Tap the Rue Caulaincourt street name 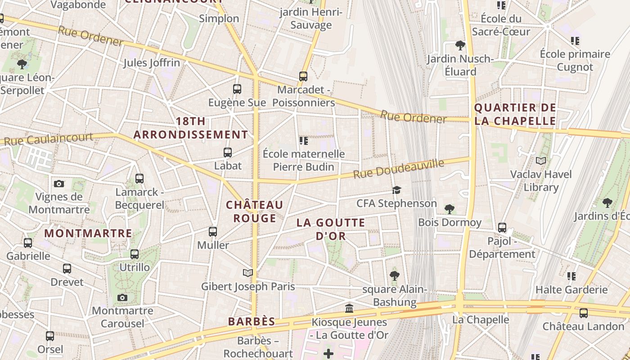48,139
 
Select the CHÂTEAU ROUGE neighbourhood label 255,211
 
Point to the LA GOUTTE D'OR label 331,229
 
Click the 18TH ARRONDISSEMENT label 191,128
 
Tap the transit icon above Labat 228,153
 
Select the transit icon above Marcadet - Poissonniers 303,76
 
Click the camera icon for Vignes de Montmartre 59,184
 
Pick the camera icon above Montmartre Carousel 122,297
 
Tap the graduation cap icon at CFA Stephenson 396,190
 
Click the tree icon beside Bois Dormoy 449,209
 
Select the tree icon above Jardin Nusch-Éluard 460,45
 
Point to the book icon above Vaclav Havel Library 541,161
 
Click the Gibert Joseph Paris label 248,286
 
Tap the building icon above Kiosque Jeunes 349,309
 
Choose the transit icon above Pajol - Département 502,228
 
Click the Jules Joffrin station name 152,63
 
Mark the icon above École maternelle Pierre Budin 304,141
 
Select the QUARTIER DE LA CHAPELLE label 515,114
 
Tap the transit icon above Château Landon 584,313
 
